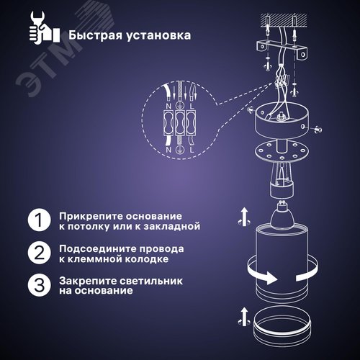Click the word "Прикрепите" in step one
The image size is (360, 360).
tap(87, 216)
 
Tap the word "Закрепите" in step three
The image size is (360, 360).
tap(84, 281)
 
